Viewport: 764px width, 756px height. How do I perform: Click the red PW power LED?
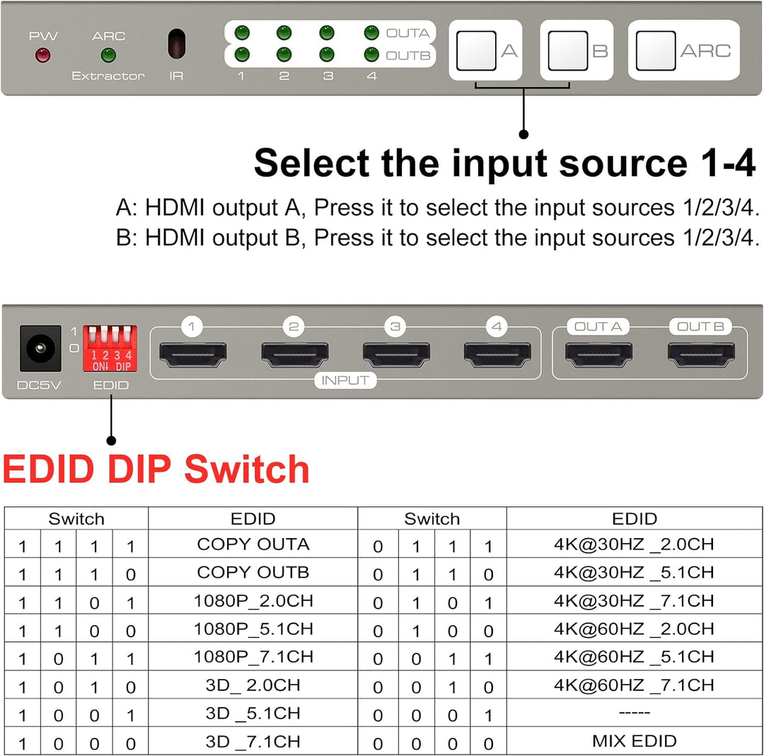pyautogui.click(x=43, y=55)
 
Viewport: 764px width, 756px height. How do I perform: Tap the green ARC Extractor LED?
pyautogui.click(x=108, y=54)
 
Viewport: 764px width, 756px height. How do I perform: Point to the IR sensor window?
pyautogui.click(x=176, y=44)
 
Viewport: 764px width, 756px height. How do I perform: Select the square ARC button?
pyautogui.click(x=655, y=51)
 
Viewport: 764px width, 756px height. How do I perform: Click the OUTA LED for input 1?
pyautogui.click(x=241, y=33)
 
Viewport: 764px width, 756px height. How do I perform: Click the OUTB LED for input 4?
pyautogui.click(x=371, y=54)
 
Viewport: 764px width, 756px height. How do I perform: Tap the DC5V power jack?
pyautogui.click(x=40, y=349)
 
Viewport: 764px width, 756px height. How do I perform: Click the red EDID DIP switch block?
pyautogui.click(x=110, y=348)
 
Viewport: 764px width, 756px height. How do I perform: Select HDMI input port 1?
pyautogui.click(x=192, y=354)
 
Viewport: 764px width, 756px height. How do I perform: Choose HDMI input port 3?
pyautogui.click(x=395, y=354)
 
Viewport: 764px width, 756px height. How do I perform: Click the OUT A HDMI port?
pyautogui.click(x=598, y=354)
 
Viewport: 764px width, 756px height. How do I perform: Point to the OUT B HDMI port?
pyautogui.click(x=700, y=354)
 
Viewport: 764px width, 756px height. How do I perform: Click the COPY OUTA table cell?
pyautogui.click(x=253, y=545)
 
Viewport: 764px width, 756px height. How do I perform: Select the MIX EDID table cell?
pyautogui.click(x=634, y=741)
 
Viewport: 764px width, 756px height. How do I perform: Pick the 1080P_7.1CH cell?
pyautogui.click(x=253, y=657)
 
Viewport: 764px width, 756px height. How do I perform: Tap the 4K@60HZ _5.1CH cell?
pyautogui.click(x=634, y=657)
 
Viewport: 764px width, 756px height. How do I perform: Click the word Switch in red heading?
pyautogui.click(x=247, y=470)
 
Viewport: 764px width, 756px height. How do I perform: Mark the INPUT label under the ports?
pyautogui.click(x=345, y=380)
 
